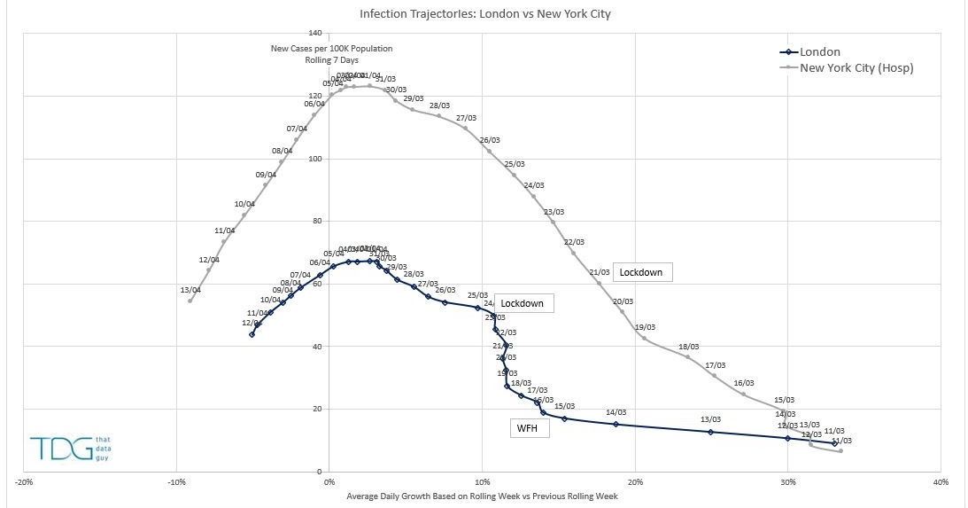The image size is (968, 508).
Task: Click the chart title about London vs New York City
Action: coord(484,14)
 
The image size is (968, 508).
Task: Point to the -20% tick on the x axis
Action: coord(25,482)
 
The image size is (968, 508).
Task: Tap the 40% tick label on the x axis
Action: coord(941,482)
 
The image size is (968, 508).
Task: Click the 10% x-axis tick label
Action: coord(482,482)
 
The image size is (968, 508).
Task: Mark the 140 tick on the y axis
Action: coord(314,33)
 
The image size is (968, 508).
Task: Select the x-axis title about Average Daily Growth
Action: coord(483,496)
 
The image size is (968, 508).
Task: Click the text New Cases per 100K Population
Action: coord(331,49)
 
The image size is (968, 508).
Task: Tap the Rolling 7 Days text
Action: coord(331,59)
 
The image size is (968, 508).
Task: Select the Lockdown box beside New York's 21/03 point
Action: coord(641,272)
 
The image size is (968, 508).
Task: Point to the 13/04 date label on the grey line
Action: coord(190,290)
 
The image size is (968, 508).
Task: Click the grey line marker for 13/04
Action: coord(190,301)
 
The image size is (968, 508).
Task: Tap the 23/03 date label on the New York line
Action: coord(554,212)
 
